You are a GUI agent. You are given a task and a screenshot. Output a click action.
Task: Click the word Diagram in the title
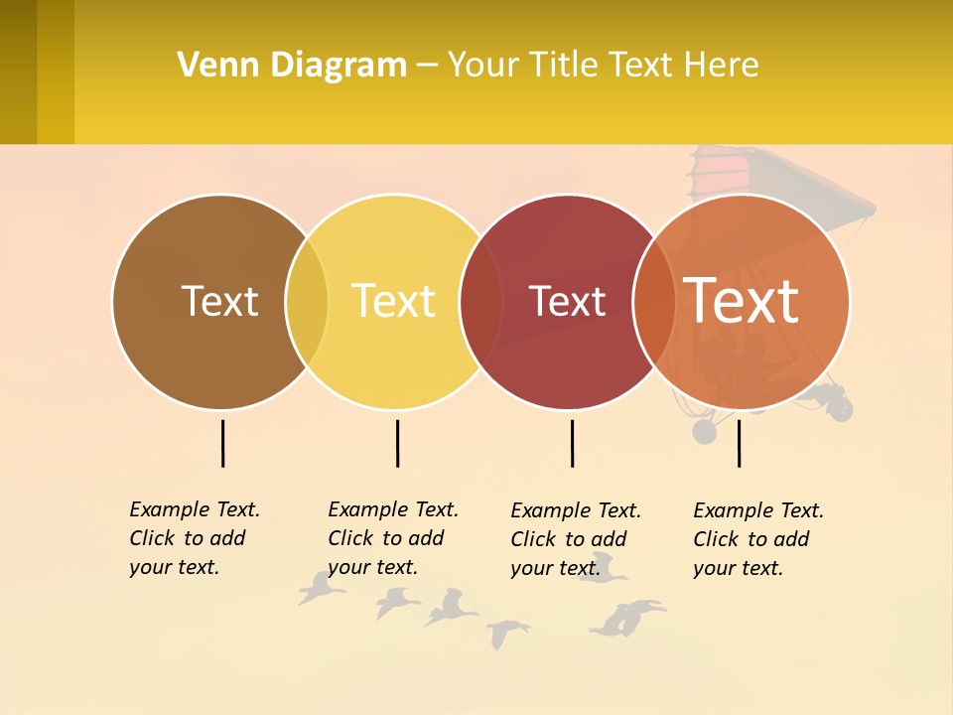(338, 66)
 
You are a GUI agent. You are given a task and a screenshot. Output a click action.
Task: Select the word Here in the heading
(724, 66)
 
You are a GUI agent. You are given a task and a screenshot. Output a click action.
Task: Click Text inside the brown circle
(219, 301)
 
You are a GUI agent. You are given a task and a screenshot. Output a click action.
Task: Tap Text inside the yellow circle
(394, 301)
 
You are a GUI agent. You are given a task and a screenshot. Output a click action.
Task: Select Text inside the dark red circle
(567, 302)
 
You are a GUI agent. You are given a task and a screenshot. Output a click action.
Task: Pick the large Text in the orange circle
(742, 300)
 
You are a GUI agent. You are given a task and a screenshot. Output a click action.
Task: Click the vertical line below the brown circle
(223, 443)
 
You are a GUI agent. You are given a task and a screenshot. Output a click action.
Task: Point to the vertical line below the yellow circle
(397, 443)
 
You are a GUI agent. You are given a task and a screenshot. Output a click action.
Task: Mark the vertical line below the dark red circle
(572, 443)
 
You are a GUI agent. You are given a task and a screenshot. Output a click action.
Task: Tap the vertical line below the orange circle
(739, 443)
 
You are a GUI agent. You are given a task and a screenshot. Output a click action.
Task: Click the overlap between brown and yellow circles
(307, 302)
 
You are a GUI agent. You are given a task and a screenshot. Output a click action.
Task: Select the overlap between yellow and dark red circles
(480, 302)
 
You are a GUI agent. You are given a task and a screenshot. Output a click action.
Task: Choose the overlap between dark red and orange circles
(653, 302)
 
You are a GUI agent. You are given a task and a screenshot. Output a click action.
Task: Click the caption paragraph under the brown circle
(194, 538)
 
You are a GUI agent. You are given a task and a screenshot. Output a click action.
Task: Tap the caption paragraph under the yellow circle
(392, 538)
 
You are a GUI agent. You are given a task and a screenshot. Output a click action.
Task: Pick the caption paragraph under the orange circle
(757, 539)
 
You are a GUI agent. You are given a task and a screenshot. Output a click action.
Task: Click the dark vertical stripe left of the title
(19, 71)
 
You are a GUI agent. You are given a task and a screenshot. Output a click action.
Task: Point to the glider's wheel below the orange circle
(704, 431)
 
